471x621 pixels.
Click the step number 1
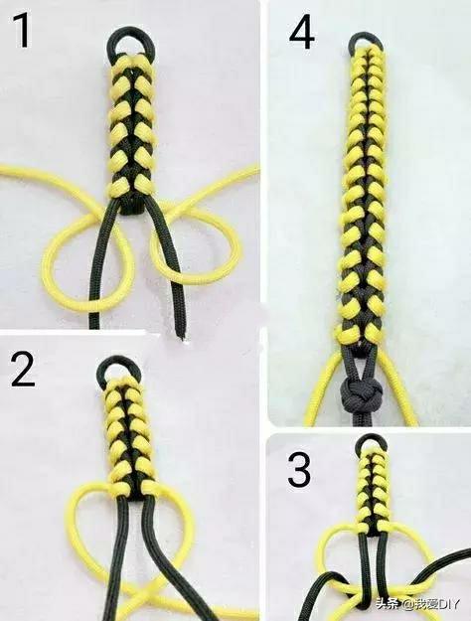click(21, 30)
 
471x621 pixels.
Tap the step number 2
click(23, 369)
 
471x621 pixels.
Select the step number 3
click(299, 471)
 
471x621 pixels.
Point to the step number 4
click(301, 33)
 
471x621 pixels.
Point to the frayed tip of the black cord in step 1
click(182, 336)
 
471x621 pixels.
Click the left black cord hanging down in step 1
click(103, 265)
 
